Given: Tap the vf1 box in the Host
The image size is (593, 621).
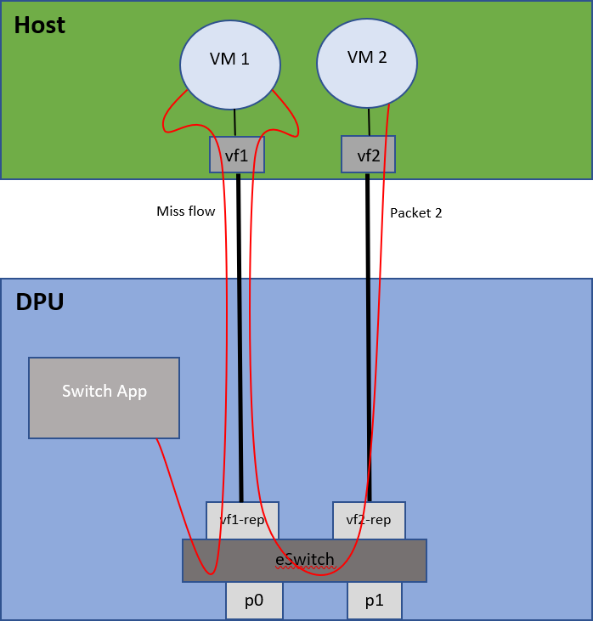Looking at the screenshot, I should click(x=237, y=155).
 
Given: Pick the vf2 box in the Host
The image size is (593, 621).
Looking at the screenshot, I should click(x=368, y=155).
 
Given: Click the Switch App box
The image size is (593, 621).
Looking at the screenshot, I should click(x=104, y=398).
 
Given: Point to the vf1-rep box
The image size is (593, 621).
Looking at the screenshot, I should click(x=242, y=520).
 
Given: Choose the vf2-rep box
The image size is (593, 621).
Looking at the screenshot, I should click(x=368, y=520).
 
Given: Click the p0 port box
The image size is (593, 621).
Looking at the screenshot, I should click(x=253, y=601).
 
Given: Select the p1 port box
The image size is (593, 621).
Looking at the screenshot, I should click(x=374, y=601).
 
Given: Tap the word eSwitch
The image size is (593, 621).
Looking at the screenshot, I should click(x=304, y=560).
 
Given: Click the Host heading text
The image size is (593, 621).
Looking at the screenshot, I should click(x=39, y=25).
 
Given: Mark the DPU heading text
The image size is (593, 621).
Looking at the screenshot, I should click(x=39, y=302).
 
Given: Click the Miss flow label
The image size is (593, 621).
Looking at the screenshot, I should click(x=185, y=211).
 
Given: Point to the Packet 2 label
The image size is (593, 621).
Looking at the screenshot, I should click(x=415, y=213).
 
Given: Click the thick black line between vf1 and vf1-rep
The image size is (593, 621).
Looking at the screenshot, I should click(x=239, y=340).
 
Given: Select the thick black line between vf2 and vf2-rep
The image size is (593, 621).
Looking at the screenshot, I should click(x=368, y=340).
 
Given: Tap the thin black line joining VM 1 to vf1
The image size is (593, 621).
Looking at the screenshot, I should click(x=234, y=123).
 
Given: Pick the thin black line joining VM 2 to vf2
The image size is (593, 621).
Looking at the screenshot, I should click(x=368, y=121).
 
